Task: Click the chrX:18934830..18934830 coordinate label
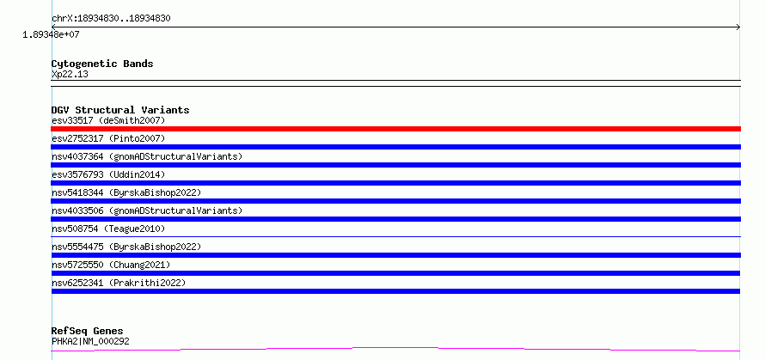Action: click(x=111, y=19)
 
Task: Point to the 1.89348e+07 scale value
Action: click(x=52, y=35)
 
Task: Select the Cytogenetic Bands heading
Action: click(x=102, y=64)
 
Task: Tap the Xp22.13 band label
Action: click(x=70, y=75)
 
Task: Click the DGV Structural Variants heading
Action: click(x=120, y=110)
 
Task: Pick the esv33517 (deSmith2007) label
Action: click(x=108, y=120)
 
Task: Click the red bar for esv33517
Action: click(x=395, y=129)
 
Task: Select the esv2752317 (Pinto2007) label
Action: click(x=108, y=138)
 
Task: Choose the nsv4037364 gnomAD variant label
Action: click(x=147, y=156)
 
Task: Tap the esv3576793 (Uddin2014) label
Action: click(x=108, y=174)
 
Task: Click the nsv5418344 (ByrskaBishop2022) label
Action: click(x=126, y=192)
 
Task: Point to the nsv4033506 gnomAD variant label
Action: click(x=147, y=211)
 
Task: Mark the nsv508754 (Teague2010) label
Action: click(x=108, y=229)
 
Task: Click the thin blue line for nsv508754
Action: click(x=395, y=236)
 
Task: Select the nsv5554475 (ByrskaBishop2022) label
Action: click(x=126, y=247)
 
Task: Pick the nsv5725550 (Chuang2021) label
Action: click(x=111, y=265)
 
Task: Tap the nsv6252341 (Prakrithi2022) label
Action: click(x=119, y=283)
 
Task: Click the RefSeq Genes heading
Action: click(x=88, y=332)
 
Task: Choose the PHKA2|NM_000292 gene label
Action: click(x=90, y=341)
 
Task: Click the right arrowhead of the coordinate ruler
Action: click(x=739, y=27)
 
